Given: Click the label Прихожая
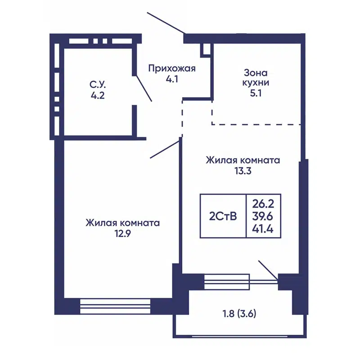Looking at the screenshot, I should coord(172,68).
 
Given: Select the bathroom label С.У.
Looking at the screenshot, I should coord(97,84).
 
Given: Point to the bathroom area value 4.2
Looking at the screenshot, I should coord(97,95).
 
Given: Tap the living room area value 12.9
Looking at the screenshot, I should coord(123,234).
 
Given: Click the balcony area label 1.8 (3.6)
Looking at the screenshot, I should coord(239,314).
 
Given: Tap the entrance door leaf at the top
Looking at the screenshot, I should coord(165,23).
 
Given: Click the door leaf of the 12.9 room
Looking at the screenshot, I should coord(165,149).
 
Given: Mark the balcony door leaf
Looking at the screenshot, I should coord(268,270).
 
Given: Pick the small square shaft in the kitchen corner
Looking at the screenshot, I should coord(205,49).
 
